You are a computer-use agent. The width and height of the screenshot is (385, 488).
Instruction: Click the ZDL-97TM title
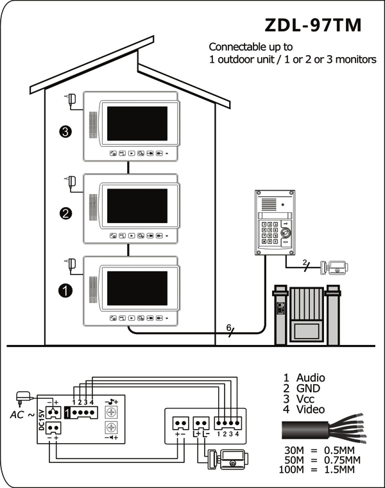click(x=313, y=25)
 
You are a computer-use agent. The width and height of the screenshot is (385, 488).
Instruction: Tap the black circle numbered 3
click(x=65, y=131)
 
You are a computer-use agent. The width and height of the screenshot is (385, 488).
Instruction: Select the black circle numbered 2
click(x=65, y=214)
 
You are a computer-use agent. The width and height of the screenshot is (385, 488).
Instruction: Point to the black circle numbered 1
click(x=65, y=290)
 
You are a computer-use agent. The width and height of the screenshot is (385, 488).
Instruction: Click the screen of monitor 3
click(x=137, y=124)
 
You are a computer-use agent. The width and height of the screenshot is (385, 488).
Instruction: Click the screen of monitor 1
click(x=137, y=288)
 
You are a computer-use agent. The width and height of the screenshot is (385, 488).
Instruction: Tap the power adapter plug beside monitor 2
click(x=71, y=181)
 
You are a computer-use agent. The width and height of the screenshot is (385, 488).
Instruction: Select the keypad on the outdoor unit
click(x=269, y=233)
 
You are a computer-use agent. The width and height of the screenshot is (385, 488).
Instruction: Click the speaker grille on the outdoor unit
click(x=269, y=204)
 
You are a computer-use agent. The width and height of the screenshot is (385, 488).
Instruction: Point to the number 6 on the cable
click(x=229, y=328)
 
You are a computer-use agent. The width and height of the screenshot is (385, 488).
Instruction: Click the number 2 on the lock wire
click(x=305, y=262)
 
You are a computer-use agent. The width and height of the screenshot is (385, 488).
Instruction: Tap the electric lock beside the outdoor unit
click(x=334, y=267)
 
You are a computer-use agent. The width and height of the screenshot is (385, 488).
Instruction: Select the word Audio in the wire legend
click(x=311, y=378)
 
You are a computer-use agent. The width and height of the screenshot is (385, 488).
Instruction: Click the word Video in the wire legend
click(x=310, y=409)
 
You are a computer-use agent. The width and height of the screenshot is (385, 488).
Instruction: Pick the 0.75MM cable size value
click(x=342, y=460)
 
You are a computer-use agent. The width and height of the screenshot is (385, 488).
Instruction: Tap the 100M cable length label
click(x=291, y=469)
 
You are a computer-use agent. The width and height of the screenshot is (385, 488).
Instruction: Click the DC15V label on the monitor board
click(x=42, y=419)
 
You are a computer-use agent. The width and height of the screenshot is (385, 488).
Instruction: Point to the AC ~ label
click(x=22, y=415)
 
